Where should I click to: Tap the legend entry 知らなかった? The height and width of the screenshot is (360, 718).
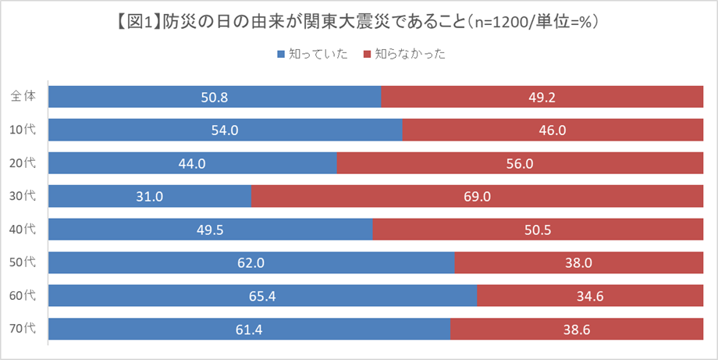point(403,55)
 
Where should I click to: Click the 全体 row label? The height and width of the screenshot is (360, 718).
point(23,96)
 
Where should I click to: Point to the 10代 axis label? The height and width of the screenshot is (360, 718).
point(24,130)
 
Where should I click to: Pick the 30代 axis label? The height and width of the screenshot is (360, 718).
point(24,196)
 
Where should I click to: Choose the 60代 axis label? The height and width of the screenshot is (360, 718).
point(24,295)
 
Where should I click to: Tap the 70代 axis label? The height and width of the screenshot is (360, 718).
point(24,329)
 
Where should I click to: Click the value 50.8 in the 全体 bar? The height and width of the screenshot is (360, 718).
point(215,97)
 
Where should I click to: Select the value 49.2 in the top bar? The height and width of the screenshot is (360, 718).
point(543,97)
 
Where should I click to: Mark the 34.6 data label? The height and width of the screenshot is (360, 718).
point(591,296)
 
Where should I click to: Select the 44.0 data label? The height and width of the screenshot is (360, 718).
point(193,163)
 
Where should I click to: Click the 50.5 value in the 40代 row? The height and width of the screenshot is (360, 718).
point(538,230)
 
